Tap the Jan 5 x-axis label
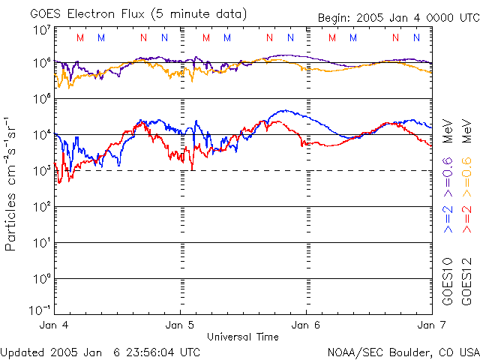coord(180,325)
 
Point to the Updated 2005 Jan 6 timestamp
coord(100,351)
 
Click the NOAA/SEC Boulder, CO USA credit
coord(403,351)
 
